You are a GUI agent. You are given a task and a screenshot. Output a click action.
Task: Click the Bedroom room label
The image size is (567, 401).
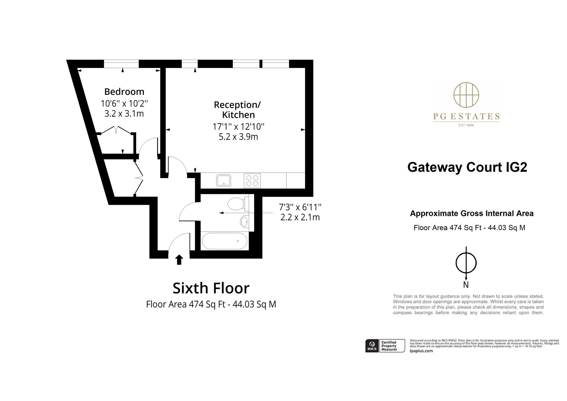pos(124,92)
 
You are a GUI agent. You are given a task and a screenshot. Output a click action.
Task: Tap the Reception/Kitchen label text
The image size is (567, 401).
pos(238,110)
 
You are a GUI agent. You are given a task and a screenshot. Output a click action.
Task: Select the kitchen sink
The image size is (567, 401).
pos(223,181)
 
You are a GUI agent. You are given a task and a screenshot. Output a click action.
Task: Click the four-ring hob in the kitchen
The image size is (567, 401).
pos(252,181)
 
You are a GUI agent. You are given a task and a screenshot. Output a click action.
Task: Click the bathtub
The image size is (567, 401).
pos(225,241)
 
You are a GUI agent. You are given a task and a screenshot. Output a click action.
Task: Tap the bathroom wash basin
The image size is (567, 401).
pos(244,222)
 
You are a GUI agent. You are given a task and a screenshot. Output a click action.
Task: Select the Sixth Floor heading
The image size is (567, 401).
pos(211,288)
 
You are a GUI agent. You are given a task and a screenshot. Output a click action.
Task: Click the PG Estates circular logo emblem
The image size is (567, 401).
pos(466,95)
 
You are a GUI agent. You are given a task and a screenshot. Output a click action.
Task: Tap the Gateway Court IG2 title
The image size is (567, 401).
pos(467,167)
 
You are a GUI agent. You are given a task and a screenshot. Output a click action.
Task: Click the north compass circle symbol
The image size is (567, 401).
pos(466,263)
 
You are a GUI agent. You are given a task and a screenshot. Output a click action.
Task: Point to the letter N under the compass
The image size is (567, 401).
pos(466,285)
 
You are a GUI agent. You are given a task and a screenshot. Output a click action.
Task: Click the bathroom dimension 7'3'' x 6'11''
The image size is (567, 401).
pos(300,207)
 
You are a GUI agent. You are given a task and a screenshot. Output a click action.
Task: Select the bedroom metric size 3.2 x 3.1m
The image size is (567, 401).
pos(124,114)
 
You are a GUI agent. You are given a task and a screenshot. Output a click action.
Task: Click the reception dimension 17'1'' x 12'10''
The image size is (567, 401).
pos(238,127)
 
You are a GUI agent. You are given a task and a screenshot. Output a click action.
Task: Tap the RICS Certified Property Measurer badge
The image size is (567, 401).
pos(385,346)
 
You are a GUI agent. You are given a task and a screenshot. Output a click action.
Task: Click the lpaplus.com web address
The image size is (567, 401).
pos(421,351)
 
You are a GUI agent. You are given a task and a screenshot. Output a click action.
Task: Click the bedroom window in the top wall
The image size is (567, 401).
pos(121,64)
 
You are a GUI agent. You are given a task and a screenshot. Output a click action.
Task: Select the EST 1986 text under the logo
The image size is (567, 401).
pos(466,125)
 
